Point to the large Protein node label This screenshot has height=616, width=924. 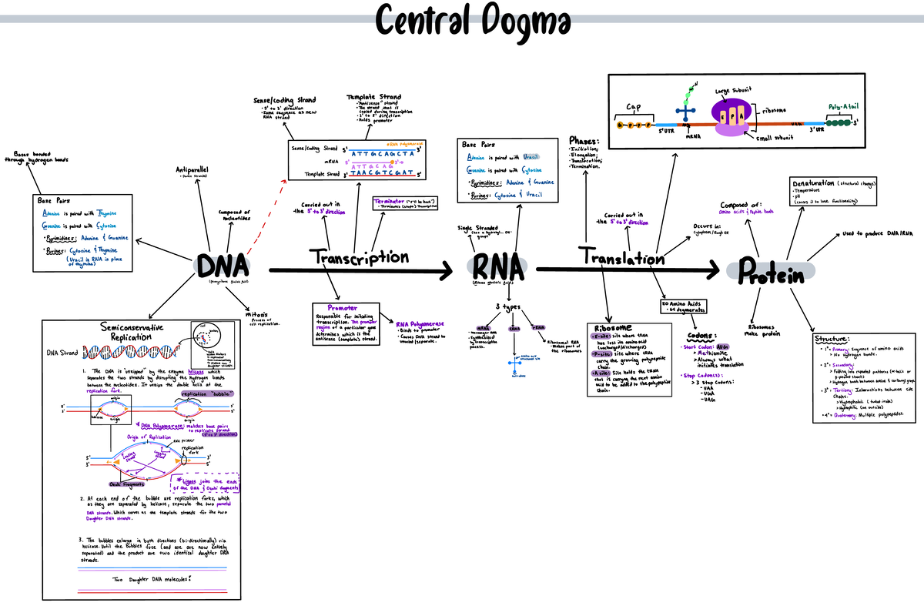tap(770, 270)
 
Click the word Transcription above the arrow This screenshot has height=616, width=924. tap(359, 258)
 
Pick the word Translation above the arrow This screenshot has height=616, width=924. tap(623, 258)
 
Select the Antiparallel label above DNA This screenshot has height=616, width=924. tap(197, 169)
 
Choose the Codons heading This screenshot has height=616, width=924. tap(701, 336)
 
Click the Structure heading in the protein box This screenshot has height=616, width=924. tap(832, 339)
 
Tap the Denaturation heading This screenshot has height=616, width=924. tap(816, 183)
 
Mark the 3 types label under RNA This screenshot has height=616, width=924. tap(509, 308)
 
